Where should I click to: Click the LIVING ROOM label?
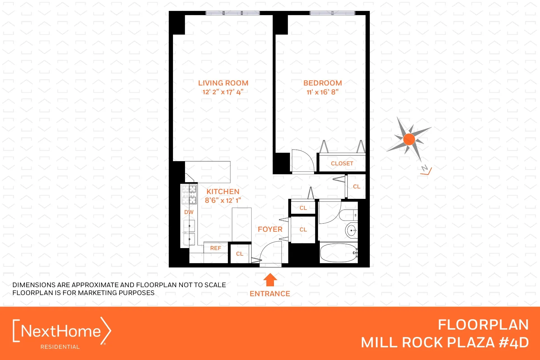[223, 83]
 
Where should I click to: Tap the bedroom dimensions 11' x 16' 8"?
[322, 92]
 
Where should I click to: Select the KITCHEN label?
[223, 192]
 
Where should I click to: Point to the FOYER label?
[270, 229]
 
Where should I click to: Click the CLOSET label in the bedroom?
[342, 163]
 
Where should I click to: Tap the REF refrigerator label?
[215, 248]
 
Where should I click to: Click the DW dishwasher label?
[189, 212]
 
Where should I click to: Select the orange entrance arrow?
[270, 280]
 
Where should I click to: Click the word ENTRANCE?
[270, 294]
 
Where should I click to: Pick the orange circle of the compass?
[409, 139]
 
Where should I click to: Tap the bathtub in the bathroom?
[338, 253]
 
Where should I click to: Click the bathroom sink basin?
[351, 230]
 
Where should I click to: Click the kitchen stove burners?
[189, 194]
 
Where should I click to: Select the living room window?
[233, 13]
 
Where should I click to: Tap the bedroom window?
[332, 13]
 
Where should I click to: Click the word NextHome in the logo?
[61, 331]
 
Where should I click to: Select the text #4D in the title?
[514, 343]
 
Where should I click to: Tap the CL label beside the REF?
[240, 254]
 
